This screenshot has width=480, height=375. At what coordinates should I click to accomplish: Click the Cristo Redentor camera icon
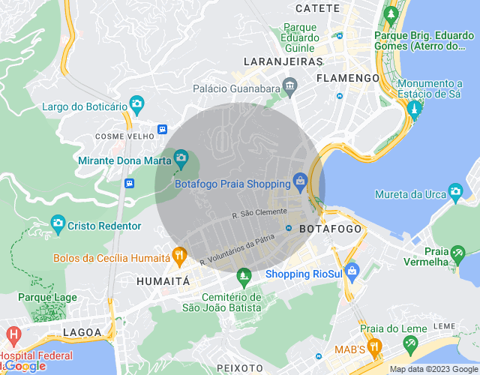(x=58, y=223)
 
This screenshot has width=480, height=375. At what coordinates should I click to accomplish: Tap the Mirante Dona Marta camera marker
(x=181, y=157)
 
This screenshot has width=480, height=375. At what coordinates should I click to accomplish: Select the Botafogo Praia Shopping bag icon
(x=300, y=181)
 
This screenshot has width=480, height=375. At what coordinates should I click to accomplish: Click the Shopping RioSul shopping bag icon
(x=352, y=270)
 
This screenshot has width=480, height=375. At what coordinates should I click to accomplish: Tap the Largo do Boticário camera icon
(x=136, y=103)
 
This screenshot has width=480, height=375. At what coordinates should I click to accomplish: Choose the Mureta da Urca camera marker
(x=454, y=191)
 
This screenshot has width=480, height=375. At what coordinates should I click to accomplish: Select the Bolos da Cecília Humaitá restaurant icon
(x=179, y=256)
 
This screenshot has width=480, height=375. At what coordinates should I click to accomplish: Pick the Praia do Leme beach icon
(x=410, y=344)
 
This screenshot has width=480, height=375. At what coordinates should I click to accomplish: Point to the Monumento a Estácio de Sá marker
(x=412, y=111)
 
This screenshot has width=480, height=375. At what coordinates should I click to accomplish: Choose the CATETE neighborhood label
(x=318, y=8)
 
